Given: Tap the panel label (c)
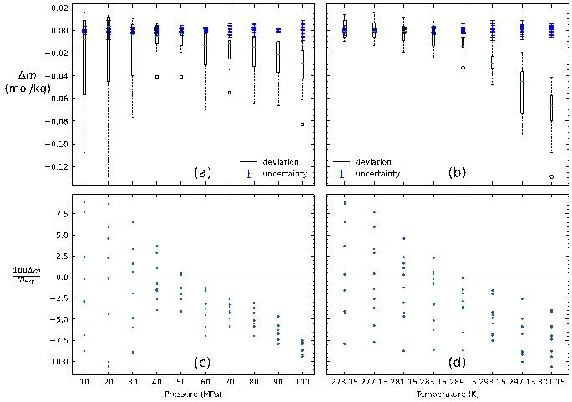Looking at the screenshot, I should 201,362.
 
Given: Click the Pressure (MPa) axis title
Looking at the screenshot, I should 193,393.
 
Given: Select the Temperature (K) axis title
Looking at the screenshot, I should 448,393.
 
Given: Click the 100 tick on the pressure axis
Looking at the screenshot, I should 302,382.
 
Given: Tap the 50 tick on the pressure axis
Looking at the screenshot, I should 181,382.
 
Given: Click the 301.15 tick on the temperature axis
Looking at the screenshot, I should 551,382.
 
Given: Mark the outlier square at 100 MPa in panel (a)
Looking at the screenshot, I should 302,125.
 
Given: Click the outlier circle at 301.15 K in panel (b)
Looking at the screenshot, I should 551,177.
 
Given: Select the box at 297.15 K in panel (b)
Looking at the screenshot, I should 521,92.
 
